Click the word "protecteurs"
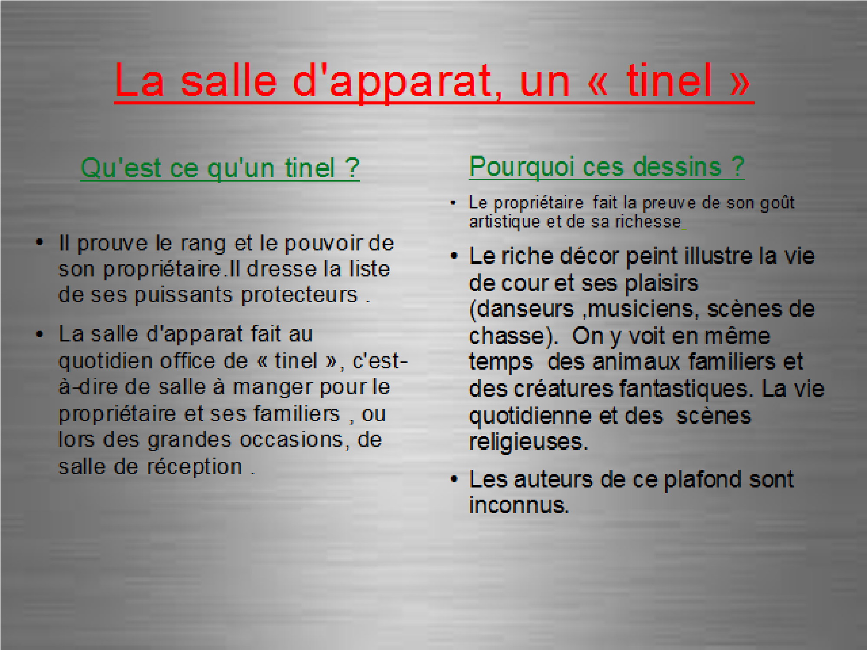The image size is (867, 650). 299,295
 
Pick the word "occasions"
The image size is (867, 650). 292,440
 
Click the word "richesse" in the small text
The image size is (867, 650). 649,221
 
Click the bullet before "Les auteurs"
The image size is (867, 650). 454,479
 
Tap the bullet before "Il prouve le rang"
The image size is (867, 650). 40,242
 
